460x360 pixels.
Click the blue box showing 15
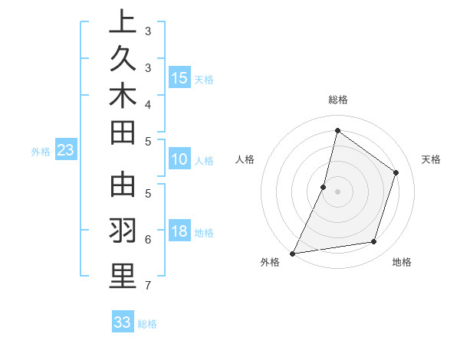(x=179, y=77)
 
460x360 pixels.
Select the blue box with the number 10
(x=179, y=159)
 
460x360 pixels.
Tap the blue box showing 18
(x=179, y=231)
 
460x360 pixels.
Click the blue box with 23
(x=66, y=150)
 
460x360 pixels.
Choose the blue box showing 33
(x=123, y=322)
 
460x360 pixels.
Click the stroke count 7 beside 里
(x=147, y=286)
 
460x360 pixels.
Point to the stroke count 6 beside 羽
(x=147, y=239)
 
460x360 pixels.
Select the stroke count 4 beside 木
(x=147, y=104)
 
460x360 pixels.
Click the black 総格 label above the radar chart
(x=338, y=100)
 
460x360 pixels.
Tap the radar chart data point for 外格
(x=293, y=253)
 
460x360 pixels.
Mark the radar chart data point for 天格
(x=396, y=172)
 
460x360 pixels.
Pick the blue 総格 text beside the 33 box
(x=148, y=324)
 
